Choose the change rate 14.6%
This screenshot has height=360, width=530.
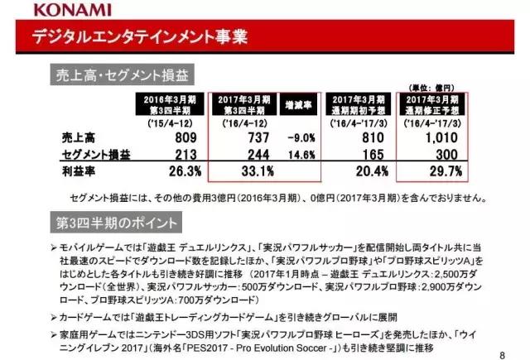pos(302,155)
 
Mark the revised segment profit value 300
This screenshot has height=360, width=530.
pos(447,155)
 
